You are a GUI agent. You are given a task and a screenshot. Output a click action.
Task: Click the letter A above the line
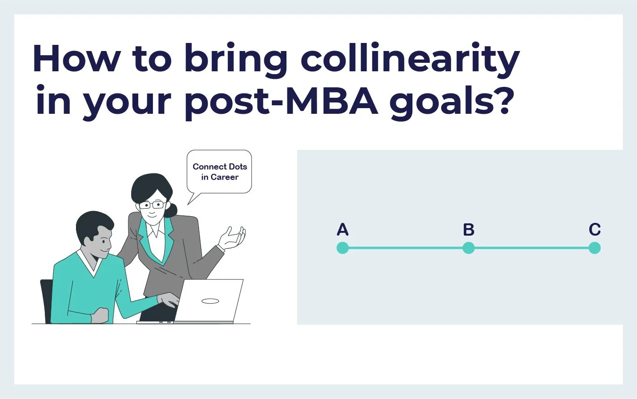pos(343,230)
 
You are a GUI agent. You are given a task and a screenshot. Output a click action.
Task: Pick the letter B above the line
pos(469,230)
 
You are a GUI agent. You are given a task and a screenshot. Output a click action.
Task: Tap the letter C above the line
pos(595,230)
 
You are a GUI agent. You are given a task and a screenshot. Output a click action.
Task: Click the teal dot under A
pos(343,248)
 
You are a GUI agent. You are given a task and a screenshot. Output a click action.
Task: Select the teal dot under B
pos(469,248)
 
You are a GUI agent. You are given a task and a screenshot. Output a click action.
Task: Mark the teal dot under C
pos(595,248)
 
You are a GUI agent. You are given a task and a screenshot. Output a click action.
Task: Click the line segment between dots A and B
pos(406,248)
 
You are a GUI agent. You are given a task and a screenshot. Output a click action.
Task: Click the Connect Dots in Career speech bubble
pos(219,171)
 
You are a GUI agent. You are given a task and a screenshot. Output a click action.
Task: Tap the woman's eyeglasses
pos(152,204)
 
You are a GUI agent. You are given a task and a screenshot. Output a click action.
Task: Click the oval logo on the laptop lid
pos(210,301)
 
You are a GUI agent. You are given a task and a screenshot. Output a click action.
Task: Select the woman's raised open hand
pos(234,238)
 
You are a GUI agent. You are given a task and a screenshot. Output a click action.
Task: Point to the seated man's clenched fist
pos(100,314)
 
